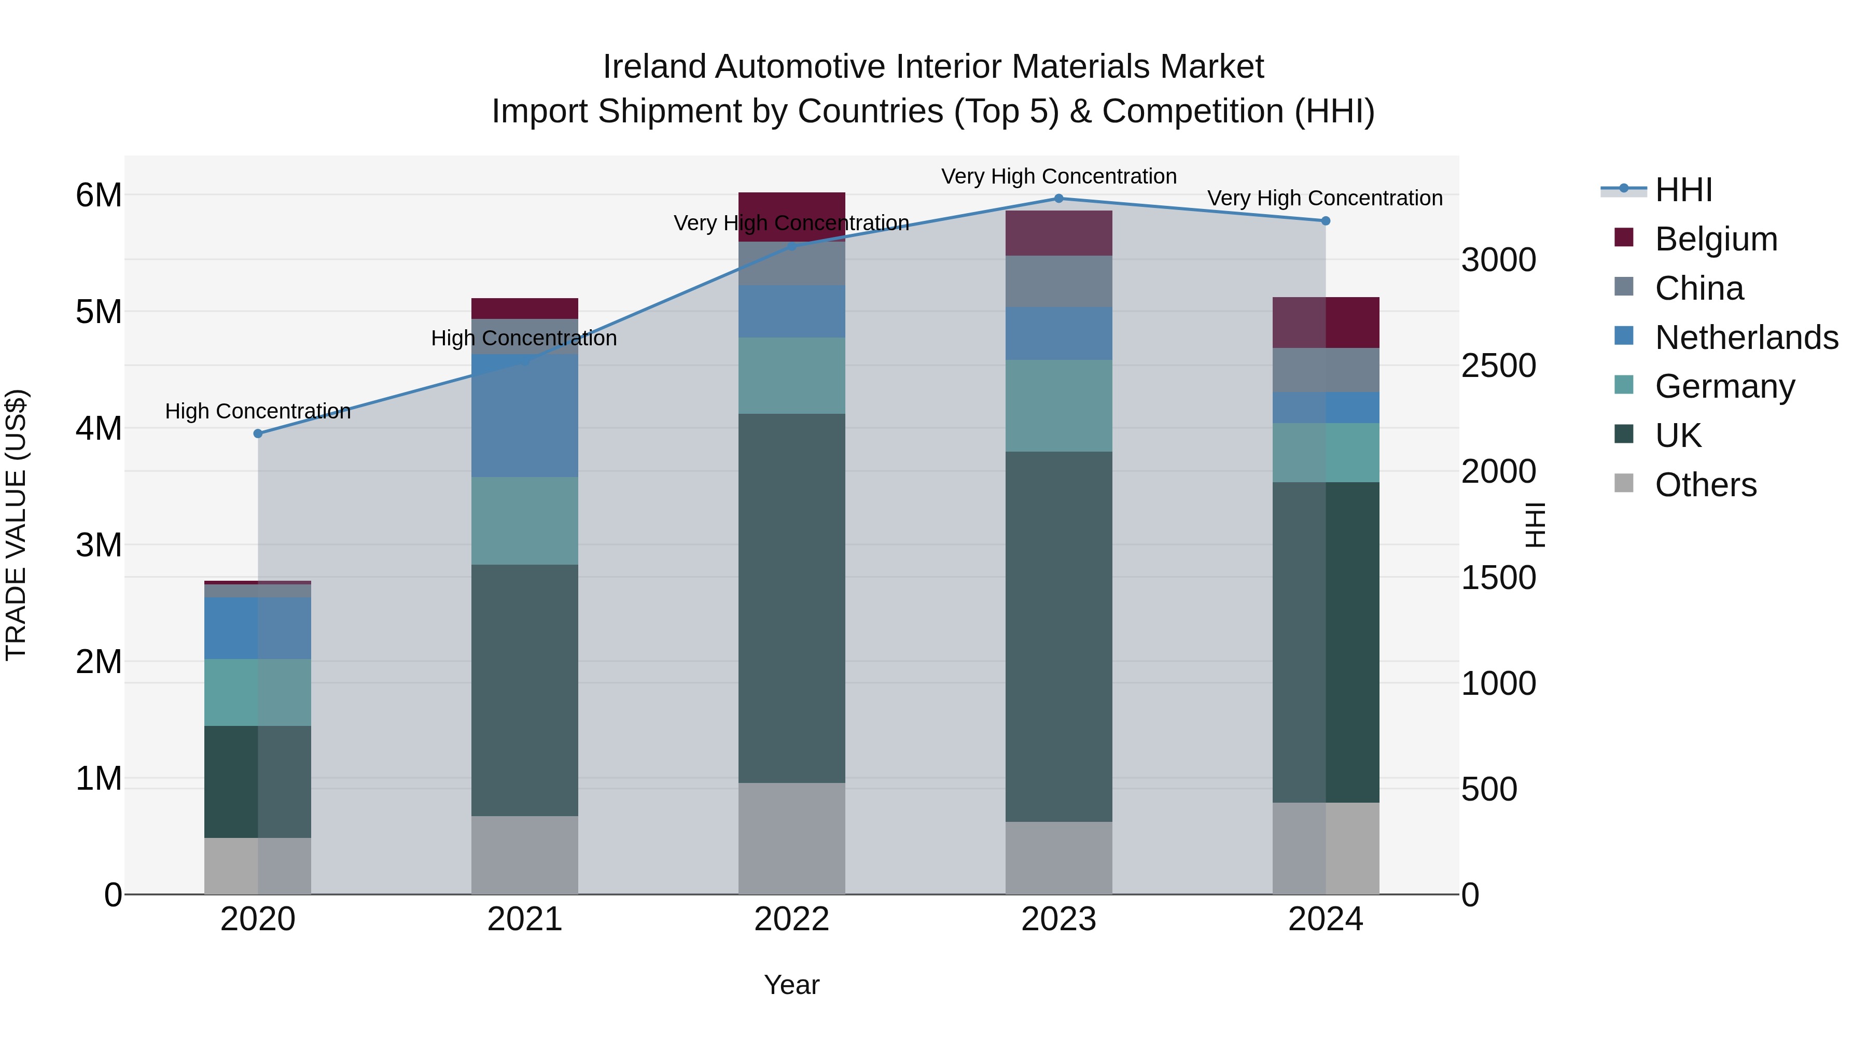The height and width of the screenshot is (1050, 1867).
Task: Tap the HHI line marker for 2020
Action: coord(258,433)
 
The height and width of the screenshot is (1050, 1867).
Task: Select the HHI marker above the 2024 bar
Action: coord(1326,221)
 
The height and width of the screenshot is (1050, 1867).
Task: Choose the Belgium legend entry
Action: coord(1716,239)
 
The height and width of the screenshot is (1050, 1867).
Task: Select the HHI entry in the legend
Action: coord(1683,190)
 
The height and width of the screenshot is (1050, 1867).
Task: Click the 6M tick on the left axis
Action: coord(99,195)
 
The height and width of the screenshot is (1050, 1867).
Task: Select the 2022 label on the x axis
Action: coord(791,919)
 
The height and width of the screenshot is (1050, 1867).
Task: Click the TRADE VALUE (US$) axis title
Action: coord(16,525)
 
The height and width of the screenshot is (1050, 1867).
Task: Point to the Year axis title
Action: coord(791,985)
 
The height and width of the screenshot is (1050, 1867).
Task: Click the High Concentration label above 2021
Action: coord(524,339)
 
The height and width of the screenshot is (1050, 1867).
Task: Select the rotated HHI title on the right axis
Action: coord(1536,525)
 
